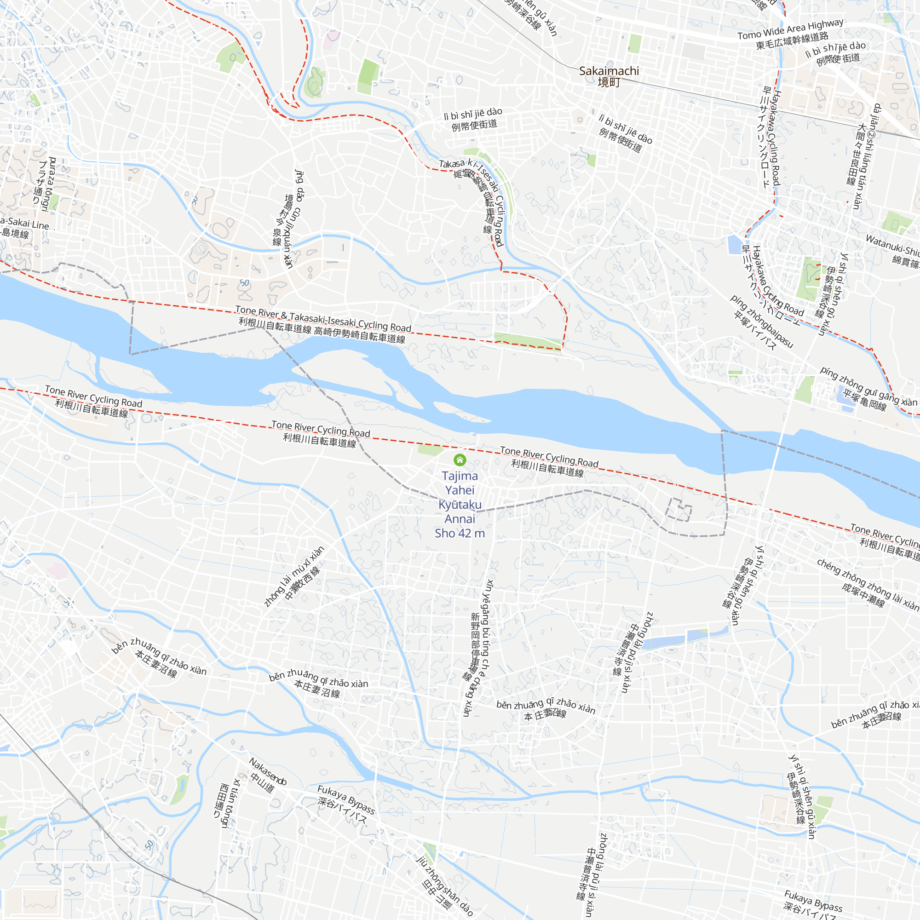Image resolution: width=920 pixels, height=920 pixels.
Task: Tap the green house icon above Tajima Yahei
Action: (x=460, y=460)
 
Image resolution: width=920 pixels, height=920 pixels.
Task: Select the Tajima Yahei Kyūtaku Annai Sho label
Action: (x=460, y=504)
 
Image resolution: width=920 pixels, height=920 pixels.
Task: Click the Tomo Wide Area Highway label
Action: (x=790, y=29)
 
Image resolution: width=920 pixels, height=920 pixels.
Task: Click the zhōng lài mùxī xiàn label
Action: (x=295, y=576)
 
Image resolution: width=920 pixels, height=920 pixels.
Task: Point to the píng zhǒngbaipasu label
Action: (x=761, y=322)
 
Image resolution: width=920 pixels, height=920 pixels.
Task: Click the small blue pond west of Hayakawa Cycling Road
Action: (x=735, y=244)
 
